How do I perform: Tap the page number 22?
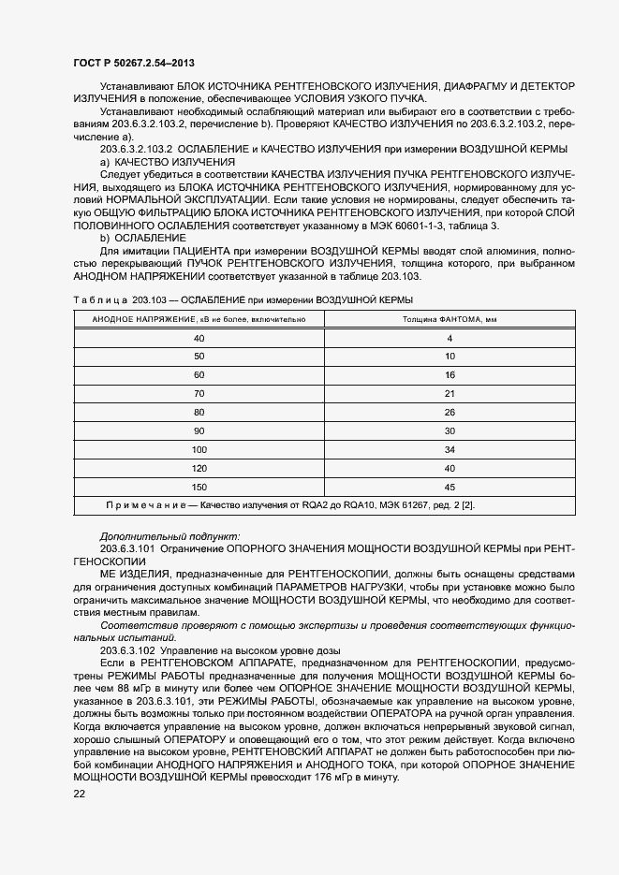tap(79, 794)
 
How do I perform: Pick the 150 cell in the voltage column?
tap(198, 487)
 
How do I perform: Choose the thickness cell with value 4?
tap(450, 337)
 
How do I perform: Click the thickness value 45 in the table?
tap(450, 487)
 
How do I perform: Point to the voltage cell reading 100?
tap(198, 449)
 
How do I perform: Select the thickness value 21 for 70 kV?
tap(450, 393)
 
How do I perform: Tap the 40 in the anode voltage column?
tap(198, 337)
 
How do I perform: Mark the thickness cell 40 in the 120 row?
tap(450, 468)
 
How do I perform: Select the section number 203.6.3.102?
tap(128, 649)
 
